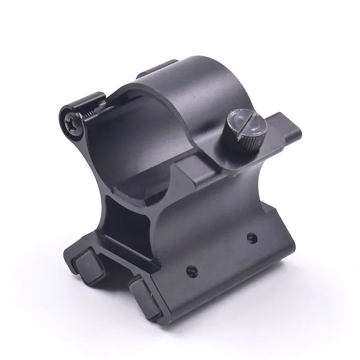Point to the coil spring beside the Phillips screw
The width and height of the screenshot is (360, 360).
tap(89, 115)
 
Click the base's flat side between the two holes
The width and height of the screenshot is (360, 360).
tap(220, 254)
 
